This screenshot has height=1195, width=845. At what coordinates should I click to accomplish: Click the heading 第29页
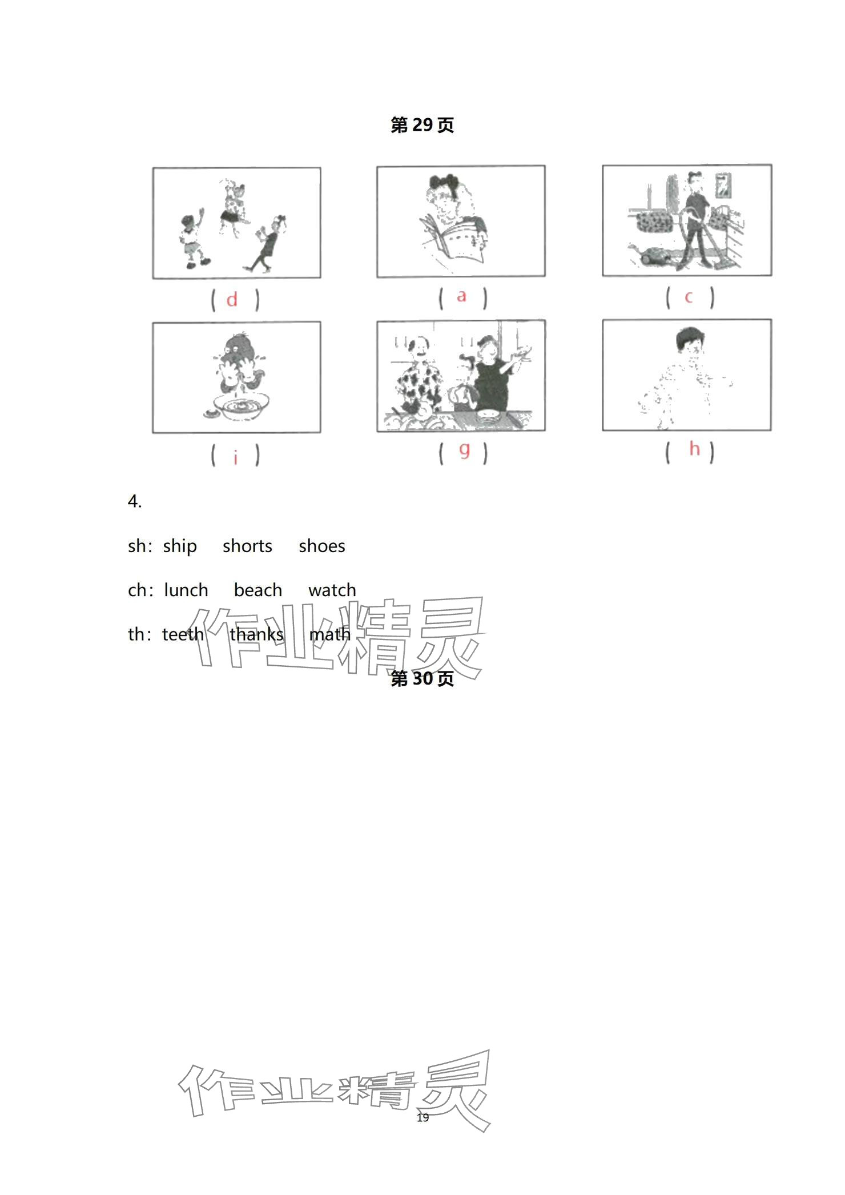pos(422,125)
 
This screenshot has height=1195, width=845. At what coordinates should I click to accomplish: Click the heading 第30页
pos(422,678)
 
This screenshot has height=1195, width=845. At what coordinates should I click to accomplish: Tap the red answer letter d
pos(232,300)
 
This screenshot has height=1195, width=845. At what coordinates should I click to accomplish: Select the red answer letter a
pos(461,296)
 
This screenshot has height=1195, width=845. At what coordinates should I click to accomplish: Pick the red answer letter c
pos(689,297)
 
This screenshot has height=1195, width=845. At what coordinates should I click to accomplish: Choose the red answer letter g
pos(465,450)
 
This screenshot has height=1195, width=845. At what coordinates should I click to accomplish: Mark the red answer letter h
pos(694,448)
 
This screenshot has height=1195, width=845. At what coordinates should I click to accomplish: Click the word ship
pos(180,547)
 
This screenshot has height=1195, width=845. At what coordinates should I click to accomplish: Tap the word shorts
pos(247,546)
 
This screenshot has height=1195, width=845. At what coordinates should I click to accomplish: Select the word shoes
pos(322,546)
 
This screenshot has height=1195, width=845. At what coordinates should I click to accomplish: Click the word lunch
pos(186,590)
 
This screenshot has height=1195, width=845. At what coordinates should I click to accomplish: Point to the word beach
pos(258,590)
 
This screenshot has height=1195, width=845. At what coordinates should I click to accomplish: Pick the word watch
pos(332,590)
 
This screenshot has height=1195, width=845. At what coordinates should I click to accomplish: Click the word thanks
pos(256,634)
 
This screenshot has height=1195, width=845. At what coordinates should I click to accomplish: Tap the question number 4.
pos(135,502)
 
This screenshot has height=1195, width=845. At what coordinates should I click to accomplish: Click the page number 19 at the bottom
pos(422,1117)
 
